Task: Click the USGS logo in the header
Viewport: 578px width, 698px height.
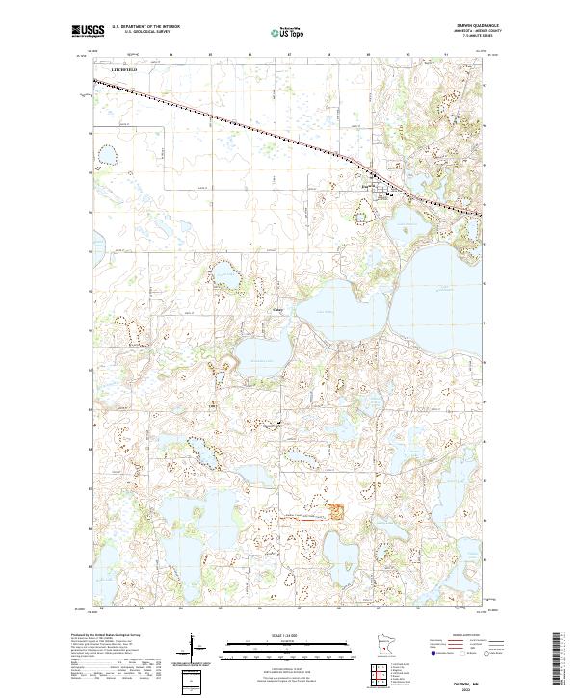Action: tap(88, 31)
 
